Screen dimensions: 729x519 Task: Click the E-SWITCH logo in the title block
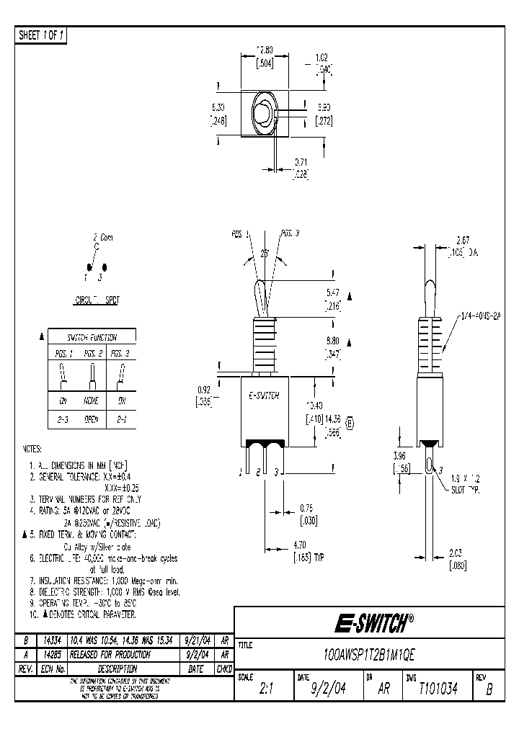(371, 622)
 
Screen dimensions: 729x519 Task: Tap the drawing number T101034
(438, 688)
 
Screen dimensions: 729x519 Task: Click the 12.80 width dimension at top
(266, 51)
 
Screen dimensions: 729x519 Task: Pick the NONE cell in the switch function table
(92, 401)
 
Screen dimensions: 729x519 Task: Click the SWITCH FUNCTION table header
(92, 337)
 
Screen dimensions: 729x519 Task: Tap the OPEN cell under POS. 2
(92, 419)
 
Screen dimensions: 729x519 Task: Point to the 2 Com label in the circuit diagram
(102, 237)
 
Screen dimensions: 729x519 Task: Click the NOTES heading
(33, 447)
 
